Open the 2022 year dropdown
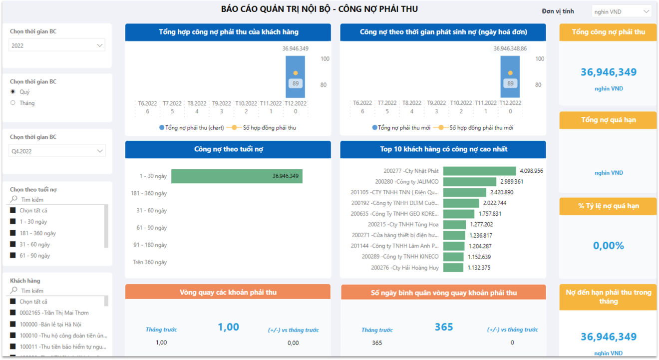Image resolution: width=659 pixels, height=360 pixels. pyautogui.click(x=57, y=45)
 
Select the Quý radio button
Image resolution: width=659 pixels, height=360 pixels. pyautogui.click(x=13, y=92)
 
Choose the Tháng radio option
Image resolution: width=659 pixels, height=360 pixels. pyautogui.click(x=13, y=103)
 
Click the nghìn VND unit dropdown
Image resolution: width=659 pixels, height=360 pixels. pyautogui.click(x=622, y=11)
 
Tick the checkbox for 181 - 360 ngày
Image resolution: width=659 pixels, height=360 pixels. pyautogui.click(x=13, y=233)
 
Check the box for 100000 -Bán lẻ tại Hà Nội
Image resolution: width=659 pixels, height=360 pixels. pyautogui.click(x=13, y=324)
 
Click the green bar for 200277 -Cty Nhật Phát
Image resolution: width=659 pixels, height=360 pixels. pyautogui.click(x=479, y=171)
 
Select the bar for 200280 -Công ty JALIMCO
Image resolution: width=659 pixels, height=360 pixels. pyautogui.click(x=469, y=182)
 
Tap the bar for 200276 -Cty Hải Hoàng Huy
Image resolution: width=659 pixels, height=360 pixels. pyautogui.click(x=453, y=268)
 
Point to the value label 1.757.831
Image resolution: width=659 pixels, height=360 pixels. pyautogui.click(x=490, y=214)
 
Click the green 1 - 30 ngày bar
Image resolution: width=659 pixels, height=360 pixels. pyautogui.click(x=237, y=176)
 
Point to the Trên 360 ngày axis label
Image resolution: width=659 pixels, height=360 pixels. pyautogui.click(x=150, y=262)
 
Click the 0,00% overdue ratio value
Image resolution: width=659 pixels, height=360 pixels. pyautogui.click(x=609, y=246)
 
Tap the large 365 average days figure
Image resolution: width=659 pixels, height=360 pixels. pyautogui.click(x=443, y=327)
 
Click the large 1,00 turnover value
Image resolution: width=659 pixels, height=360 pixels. pyautogui.click(x=228, y=327)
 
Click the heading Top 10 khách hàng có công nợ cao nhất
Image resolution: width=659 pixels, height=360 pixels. pyautogui.click(x=443, y=149)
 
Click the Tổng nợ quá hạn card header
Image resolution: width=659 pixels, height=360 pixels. pyautogui.click(x=608, y=120)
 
